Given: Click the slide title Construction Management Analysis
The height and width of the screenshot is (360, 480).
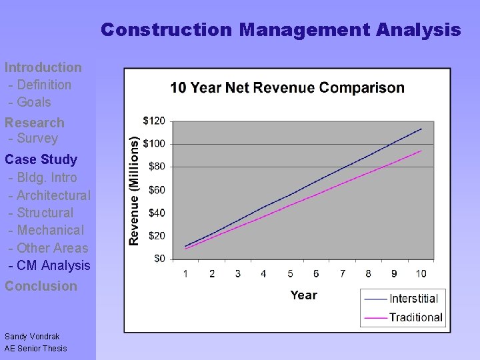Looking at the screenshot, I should [x=281, y=30].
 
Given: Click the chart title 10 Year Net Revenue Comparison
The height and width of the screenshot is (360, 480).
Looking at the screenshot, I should [x=287, y=88].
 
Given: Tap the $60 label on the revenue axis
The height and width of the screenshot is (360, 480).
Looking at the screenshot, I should [x=157, y=190].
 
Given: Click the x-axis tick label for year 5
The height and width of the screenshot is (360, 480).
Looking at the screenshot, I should [x=290, y=273].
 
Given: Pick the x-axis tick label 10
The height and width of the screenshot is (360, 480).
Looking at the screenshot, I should [x=421, y=273].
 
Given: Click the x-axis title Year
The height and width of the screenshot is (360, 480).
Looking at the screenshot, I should [x=303, y=295].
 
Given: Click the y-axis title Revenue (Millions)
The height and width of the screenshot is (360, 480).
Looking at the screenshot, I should [x=135, y=191].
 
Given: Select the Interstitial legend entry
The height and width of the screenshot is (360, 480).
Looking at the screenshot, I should [x=413, y=299].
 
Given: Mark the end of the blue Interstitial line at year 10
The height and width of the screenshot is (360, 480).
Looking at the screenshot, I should [x=421, y=129].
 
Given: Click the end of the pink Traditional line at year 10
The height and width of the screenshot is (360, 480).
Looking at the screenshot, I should [x=421, y=151].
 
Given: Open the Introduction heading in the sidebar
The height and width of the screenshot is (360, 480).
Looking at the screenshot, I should [x=43, y=67].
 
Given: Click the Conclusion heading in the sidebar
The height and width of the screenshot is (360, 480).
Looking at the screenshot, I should [x=41, y=286].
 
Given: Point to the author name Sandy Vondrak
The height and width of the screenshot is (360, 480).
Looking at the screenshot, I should [x=32, y=337].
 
